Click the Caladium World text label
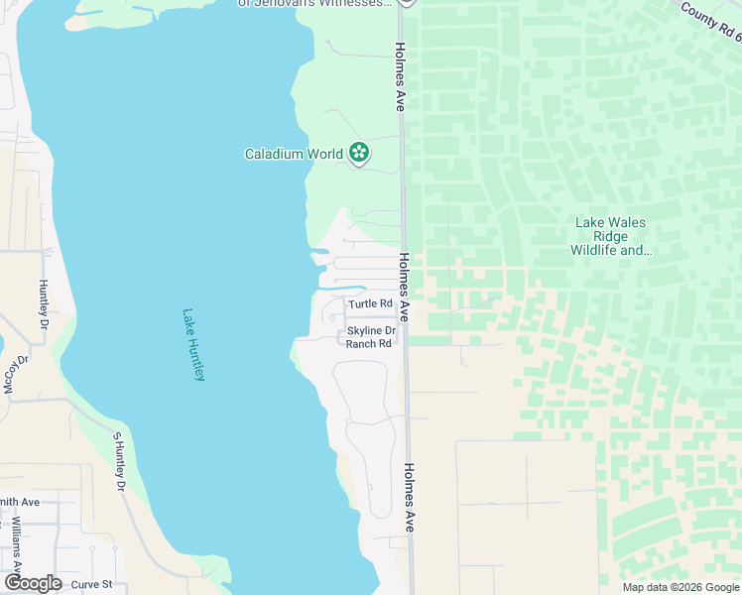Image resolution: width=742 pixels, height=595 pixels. [294, 154]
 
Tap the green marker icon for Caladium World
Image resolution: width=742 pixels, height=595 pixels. [359, 154]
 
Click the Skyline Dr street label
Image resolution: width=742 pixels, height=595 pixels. [371, 331]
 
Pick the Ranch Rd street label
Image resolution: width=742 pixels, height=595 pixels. [368, 343]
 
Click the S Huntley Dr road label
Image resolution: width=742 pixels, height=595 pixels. [118, 462]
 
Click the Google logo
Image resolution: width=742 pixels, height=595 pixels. [33, 583]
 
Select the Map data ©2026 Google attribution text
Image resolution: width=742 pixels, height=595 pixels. [680, 587]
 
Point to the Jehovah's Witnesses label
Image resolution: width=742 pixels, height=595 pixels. [315, 3]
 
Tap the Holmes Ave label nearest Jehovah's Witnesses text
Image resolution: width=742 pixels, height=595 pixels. [400, 74]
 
